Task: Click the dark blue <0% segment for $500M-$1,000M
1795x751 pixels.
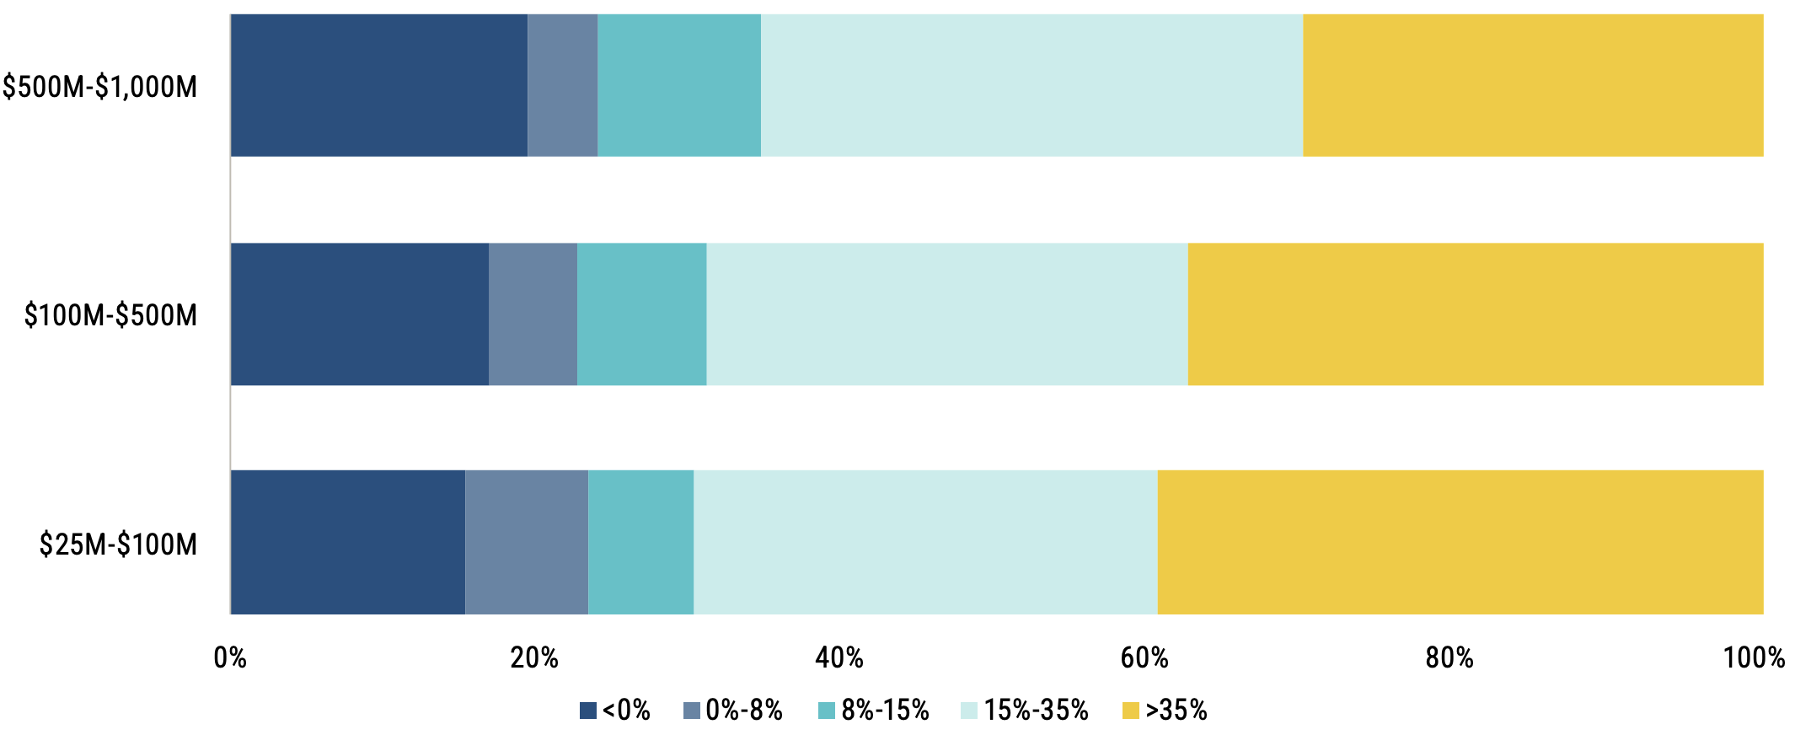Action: click(379, 85)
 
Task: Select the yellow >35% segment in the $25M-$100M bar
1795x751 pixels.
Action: click(1460, 542)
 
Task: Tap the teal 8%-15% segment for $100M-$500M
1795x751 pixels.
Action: click(642, 314)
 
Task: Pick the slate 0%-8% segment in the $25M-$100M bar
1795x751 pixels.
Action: click(527, 542)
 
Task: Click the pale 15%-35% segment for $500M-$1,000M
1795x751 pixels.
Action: click(1032, 85)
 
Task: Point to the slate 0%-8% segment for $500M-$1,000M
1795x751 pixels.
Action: click(563, 85)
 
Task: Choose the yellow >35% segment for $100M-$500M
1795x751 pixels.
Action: click(1476, 314)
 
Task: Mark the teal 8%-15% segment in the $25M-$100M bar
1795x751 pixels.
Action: click(641, 542)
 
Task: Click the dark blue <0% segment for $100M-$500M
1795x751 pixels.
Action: click(360, 314)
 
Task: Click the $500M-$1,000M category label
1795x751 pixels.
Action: click(99, 87)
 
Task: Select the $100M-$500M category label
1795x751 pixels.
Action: click(110, 315)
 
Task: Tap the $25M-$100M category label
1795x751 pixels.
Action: click(118, 544)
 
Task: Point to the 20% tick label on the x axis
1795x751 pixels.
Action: click(534, 657)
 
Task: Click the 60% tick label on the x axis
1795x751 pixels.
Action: click(1144, 657)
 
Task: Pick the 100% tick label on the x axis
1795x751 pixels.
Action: click(1755, 657)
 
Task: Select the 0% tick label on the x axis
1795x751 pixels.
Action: click(230, 657)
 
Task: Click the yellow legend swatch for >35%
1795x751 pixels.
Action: click(1131, 711)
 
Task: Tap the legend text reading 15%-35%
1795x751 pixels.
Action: click(1037, 711)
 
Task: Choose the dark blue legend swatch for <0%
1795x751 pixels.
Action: click(588, 711)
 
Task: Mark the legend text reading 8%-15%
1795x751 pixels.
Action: click(885, 711)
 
